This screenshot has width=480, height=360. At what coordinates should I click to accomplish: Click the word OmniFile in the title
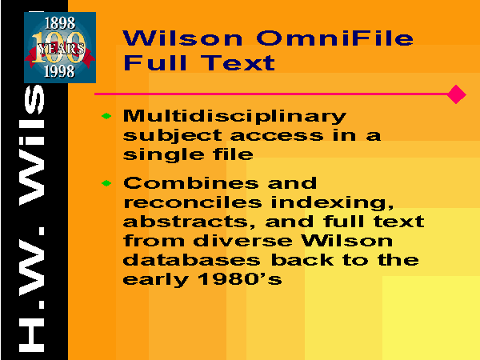pos(335,38)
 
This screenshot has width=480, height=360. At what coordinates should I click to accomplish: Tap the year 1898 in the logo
pos(60,23)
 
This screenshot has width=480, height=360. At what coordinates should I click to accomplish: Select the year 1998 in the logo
pos(59,72)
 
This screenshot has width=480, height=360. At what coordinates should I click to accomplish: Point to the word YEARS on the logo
pos(61,49)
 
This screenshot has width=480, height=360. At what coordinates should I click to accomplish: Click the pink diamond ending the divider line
pos(456,94)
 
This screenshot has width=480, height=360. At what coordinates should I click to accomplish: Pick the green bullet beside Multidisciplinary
pos(106,116)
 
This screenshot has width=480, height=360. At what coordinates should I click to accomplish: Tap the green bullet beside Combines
pos(106,183)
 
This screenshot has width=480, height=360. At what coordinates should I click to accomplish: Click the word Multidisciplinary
pos(234,117)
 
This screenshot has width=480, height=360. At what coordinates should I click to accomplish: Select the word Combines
pos(190,183)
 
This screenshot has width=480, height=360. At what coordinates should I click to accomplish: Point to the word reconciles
pos(193,202)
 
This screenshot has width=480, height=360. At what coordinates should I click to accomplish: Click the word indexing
pos(332,203)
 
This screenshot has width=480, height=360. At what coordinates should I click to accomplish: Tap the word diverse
pos(242,241)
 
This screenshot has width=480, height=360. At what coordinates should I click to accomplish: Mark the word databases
pos(192,260)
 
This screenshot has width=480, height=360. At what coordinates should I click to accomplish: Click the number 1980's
pos(240,279)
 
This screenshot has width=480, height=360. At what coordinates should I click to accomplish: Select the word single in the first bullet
pos(163,155)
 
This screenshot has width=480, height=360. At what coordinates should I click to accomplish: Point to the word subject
pos(172,136)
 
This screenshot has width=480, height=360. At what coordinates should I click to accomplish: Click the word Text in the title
pos(238,62)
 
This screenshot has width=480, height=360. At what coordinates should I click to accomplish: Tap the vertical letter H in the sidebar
pos(31,335)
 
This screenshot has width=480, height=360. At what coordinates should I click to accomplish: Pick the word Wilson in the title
pos(182,38)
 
